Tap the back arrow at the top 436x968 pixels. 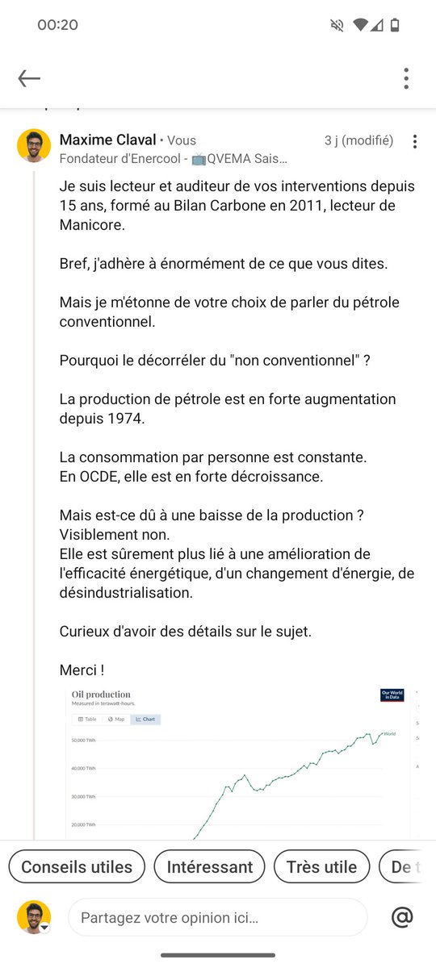29,78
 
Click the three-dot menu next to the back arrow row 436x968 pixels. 406,78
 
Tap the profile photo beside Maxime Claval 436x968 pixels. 34,145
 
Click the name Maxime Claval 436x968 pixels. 107,140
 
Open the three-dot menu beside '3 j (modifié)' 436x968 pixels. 415,142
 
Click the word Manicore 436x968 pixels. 92,225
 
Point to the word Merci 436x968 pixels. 78,670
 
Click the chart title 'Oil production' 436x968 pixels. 101,695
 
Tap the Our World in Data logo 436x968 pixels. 392,695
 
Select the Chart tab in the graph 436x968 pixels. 146,719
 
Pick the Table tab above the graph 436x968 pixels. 87,719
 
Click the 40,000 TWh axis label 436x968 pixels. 84,768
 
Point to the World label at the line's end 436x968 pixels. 389,733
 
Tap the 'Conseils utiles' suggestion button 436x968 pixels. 77,867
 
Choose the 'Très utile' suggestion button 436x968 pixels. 321,867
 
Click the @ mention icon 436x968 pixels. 402,917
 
